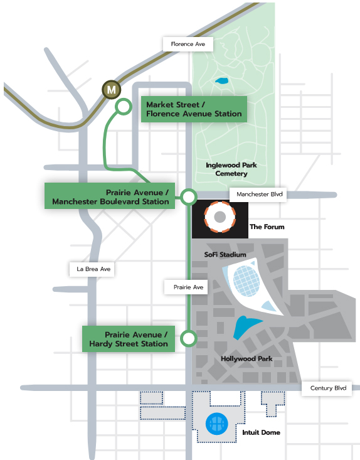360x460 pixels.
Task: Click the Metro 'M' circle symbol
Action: (112, 90)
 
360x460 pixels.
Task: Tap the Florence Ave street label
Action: (188, 45)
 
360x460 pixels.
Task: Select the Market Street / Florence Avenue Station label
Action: (193, 109)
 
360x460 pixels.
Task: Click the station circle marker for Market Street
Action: (123, 107)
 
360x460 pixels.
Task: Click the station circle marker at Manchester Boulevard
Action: (188, 197)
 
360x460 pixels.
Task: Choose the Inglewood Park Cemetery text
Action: (231, 169)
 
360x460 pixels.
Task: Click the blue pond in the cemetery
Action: (221, 82)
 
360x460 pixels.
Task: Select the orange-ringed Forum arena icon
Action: (220, 217)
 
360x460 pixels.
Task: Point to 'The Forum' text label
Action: (267, 227)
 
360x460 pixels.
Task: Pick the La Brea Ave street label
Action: (93, 269)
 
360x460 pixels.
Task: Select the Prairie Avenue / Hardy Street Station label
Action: (129, 339)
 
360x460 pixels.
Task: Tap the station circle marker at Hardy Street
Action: (187, 340)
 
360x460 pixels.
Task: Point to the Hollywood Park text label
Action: (246, 359)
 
